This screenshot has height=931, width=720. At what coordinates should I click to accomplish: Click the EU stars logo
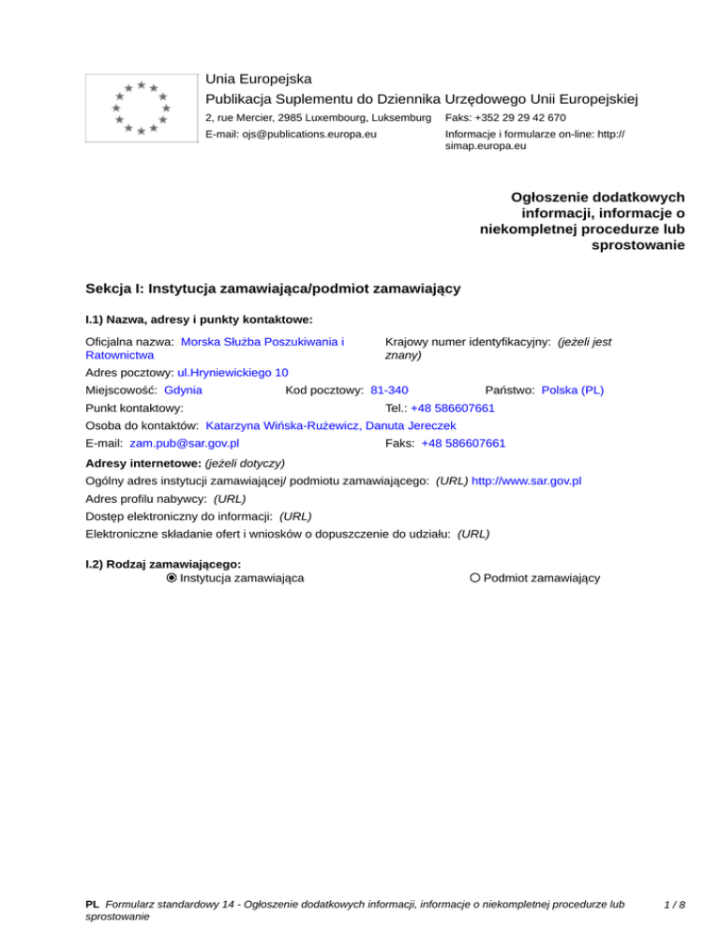[141, 107]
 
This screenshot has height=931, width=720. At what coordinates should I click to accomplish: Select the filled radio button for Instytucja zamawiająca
[171, 578]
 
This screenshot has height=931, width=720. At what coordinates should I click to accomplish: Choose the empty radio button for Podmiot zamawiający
[475, 578]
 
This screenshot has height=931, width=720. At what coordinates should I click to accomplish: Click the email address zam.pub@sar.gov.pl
[185, 442]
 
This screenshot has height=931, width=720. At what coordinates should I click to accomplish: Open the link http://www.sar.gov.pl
[526, 480]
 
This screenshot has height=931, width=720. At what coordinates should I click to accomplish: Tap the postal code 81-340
[389, 389]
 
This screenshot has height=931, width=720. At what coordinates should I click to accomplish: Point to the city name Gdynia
[183, 389]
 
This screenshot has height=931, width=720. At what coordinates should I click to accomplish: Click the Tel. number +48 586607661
[453, 407]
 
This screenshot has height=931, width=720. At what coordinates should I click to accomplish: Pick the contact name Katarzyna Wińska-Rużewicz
[278, 424]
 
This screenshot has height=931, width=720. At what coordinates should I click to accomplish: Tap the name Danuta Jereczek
[407, 424]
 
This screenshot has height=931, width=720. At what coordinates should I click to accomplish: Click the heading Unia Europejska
[259, 79]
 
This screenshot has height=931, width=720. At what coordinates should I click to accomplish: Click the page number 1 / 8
[672, 905]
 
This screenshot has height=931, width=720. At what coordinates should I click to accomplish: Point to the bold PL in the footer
[92, 905]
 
